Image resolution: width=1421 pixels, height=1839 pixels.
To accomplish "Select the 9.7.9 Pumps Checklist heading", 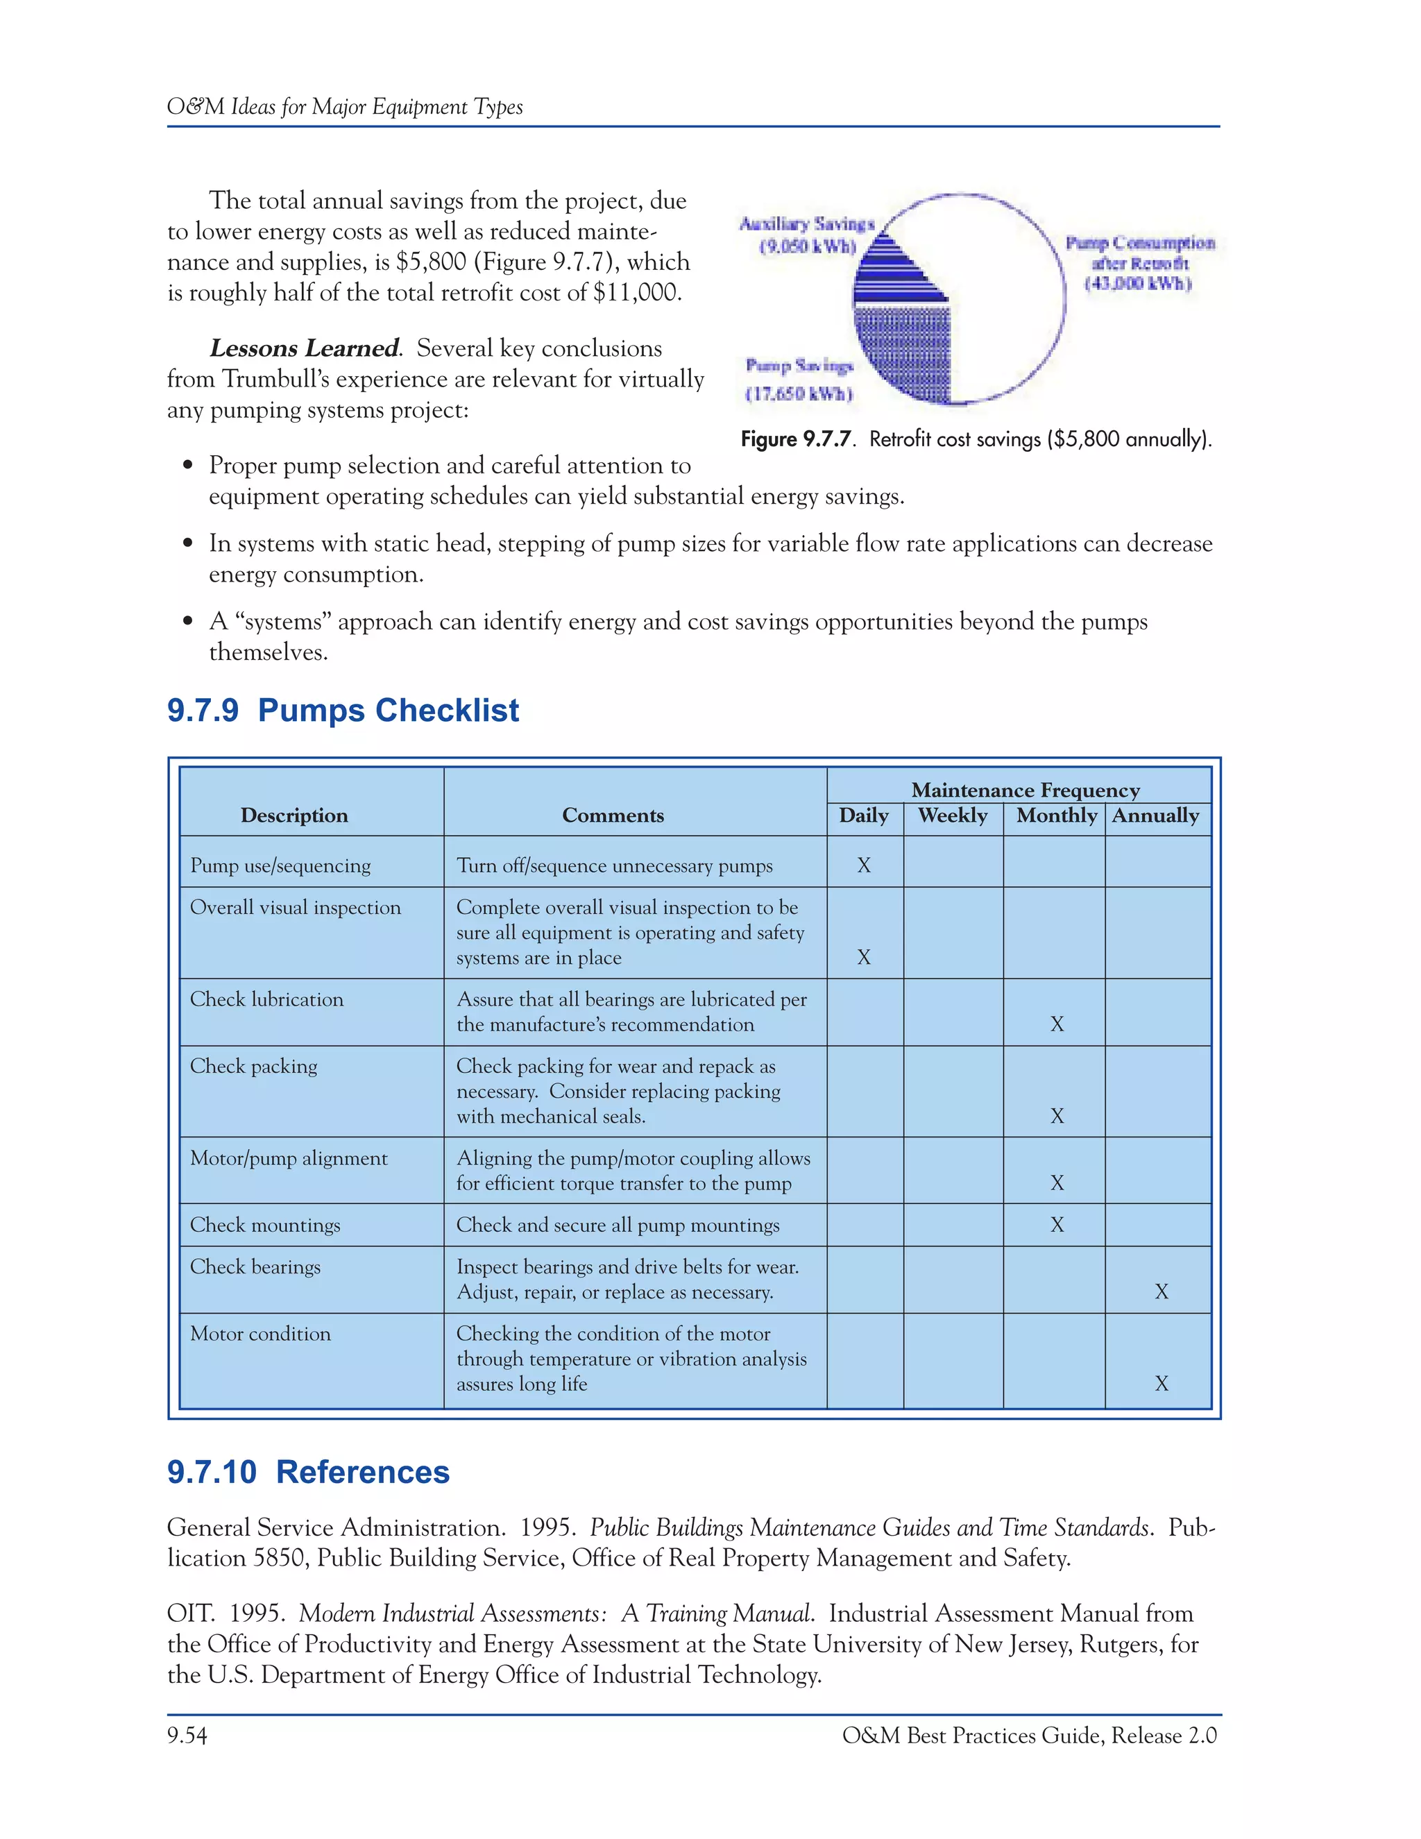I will click(x=343, y=711).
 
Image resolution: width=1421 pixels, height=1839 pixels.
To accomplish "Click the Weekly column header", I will click(x=952, y=816).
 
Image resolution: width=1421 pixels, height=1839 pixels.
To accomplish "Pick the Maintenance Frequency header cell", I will click(x=1025, y=790).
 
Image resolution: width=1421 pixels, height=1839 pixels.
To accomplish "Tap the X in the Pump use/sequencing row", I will click(x=864, y=865).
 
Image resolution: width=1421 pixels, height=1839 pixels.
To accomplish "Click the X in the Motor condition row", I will click(x=1161, y=1384).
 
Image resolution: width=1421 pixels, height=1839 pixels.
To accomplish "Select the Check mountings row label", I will click(x=265, y=1225).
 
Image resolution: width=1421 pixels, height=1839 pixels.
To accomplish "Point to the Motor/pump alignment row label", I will click(x=289, y=1159).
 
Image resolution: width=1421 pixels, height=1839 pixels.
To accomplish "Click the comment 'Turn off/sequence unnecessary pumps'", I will click(x=613, y=865).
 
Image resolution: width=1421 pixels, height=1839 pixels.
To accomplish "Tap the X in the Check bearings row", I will click(x=1161, y=1291).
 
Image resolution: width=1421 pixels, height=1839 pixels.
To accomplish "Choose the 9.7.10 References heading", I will click(x=308, y=1473).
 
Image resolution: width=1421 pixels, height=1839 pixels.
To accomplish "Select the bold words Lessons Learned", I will click(x=304, y=348).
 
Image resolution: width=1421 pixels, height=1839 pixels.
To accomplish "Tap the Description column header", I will click(x=293, y=816).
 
